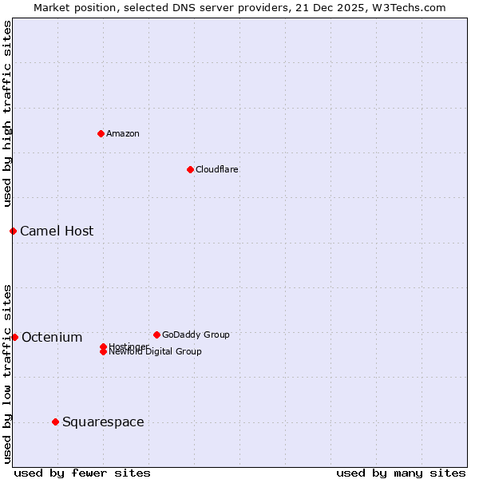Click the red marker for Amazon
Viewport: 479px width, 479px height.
pos(101,133)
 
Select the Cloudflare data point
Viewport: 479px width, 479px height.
pos(190,169)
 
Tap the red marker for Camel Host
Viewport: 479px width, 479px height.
pos(13,231)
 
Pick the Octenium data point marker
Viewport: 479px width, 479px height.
pos(14,337)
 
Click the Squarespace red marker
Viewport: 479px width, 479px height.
pos(55,422)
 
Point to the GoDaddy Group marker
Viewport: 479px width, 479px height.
pos(156,335)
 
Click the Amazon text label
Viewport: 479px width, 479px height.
pos(122,133)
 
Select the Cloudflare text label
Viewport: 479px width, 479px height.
pos(216,169)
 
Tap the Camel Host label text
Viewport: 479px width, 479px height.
pos(57,231)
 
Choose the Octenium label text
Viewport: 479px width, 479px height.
pos(52,337)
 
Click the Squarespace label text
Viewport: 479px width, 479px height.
pos(103,422)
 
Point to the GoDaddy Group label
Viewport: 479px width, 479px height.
pos(196,335)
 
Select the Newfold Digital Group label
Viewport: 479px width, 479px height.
pos(155,352)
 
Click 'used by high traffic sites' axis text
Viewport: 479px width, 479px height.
pos(8,113)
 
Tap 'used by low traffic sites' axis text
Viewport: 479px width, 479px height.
pos(8,373)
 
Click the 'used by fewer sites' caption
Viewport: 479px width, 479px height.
pos(82,473)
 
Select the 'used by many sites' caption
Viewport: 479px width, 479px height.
pos(401,473)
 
